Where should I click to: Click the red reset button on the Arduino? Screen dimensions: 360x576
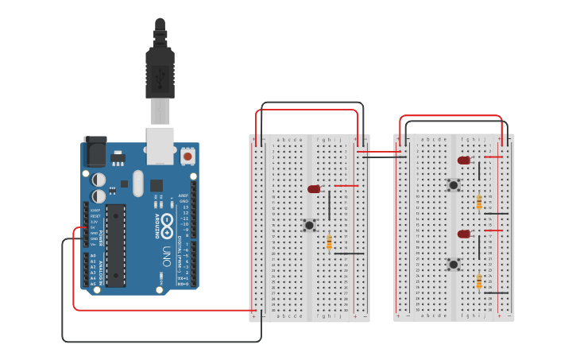point(187,157)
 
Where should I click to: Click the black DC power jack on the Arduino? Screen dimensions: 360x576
point(95,150)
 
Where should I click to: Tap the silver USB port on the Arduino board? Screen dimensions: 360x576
point(160,144)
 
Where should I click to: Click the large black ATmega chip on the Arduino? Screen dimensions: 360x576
point(116,244)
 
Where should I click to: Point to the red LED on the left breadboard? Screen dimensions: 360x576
point(314,189)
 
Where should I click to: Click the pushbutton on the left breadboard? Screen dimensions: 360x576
point(309,226)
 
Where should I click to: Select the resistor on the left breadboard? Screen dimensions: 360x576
point(329,242)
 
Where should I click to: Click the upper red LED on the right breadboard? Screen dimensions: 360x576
point(464,161)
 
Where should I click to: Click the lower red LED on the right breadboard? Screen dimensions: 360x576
point(464,234)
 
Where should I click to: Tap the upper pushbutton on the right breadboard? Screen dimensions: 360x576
point(453,185)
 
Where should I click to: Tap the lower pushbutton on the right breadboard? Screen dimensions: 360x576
point(453,265)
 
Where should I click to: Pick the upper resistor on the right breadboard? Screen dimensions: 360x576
point(479,202)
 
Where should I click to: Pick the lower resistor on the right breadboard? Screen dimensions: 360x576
point(479,281)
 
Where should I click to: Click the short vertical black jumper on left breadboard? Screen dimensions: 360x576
point(330,204)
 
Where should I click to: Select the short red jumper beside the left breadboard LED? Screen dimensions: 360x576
point(346,186)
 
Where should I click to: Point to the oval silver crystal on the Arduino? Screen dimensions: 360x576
point(138,184)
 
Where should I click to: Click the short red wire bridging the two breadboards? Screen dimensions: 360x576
point(378,151)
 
